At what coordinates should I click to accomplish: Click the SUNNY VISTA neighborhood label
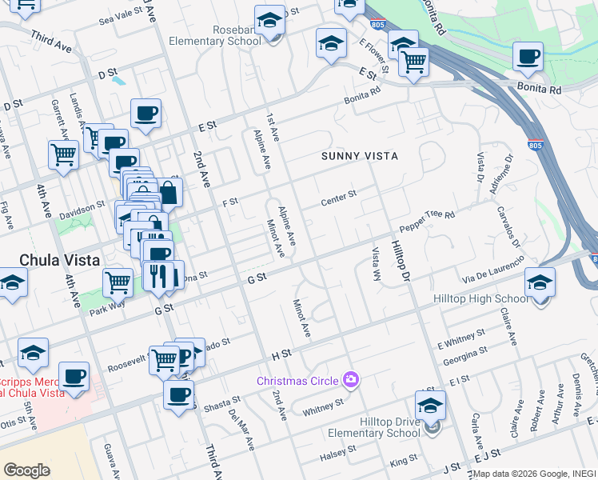click(360, 156)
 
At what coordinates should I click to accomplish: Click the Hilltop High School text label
click(480, 298)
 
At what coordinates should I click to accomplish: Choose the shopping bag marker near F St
click(169, 193)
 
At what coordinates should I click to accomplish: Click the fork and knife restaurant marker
click(157, 276)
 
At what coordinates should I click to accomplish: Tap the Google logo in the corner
click(26, 470)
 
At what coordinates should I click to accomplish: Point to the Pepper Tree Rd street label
click(427, 222)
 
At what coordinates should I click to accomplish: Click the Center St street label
click(338, 197)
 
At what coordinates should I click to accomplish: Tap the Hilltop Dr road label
click(401, 259)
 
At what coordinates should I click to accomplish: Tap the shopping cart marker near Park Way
click(118, 282)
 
